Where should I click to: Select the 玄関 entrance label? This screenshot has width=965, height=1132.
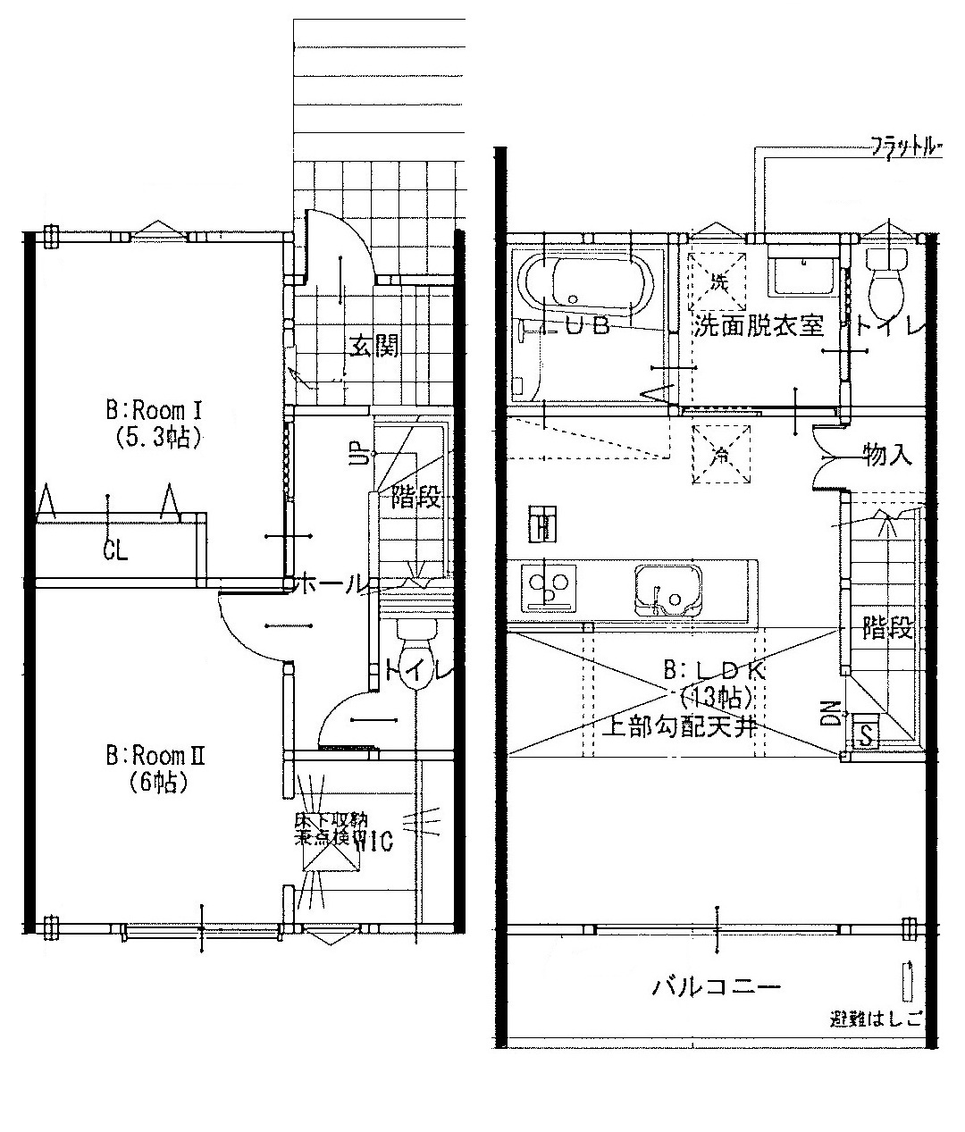click(373, 347)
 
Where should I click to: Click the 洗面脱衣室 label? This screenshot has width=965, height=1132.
click(758, 325)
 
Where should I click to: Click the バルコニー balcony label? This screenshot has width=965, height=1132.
click(717, 987)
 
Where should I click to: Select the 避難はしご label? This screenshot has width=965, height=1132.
click(876, 1019)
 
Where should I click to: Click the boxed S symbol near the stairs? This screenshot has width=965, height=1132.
click(866, 736)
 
